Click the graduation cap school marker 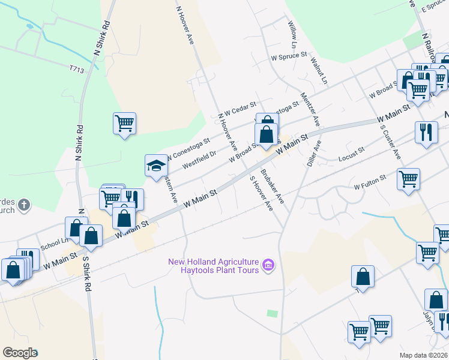pyautogui.click(x=156, y=165)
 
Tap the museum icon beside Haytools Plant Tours pyautogui.click(x=268, y=265)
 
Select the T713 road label pyautogui.click(x=76, y=70)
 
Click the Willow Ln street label pyautogui.click(x=292, y=34)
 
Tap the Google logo pyautogui.click(x=20, y=353)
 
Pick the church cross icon pyautogui.click(x=23, y=206)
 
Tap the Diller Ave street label pyautogui.click(x=314, y=154)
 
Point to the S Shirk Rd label pyautogui.click(x=86, y=279)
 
